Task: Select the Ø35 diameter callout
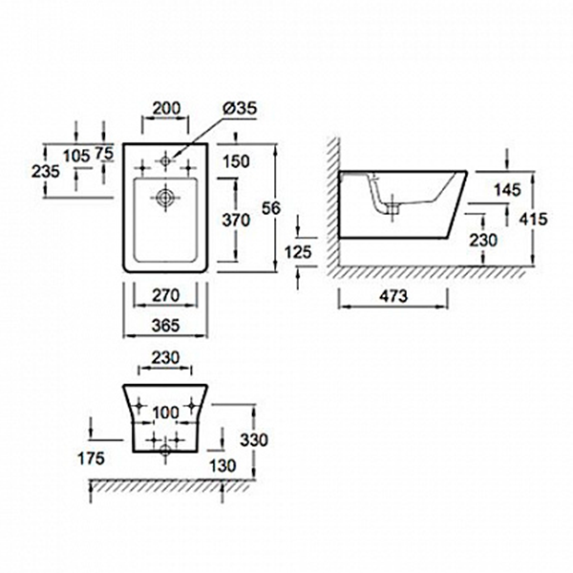[236, 111]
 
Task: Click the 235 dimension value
[45, 172]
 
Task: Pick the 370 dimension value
[235, 220]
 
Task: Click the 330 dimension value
[255, 440]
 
